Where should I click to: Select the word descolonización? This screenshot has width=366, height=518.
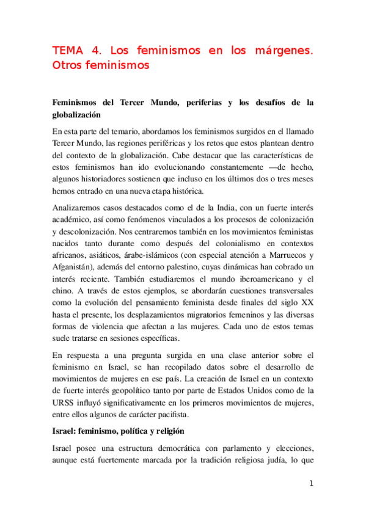point(86,233)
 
